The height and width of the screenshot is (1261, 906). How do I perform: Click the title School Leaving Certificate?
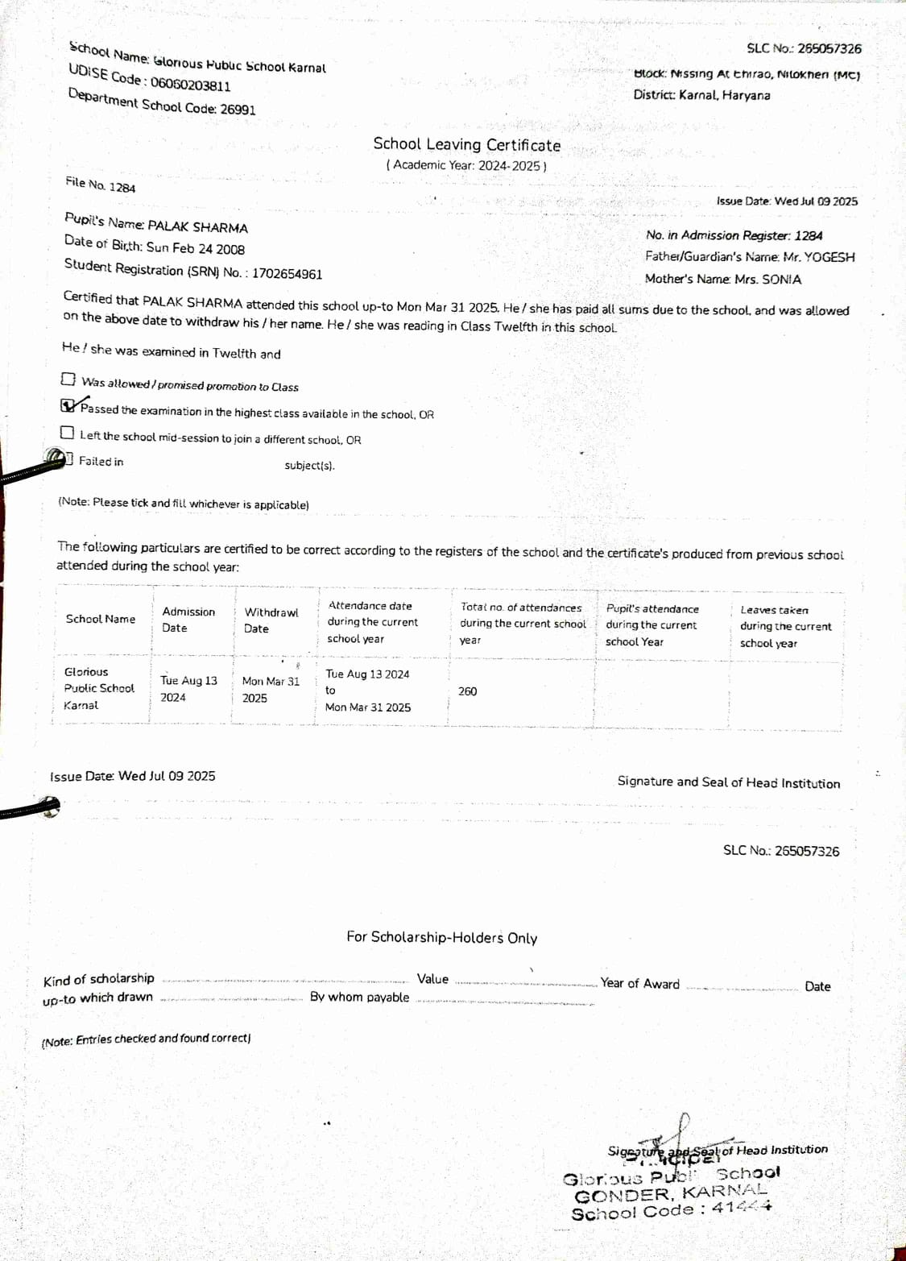click(466, 145)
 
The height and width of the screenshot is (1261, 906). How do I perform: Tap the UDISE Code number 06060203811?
click(190, 85)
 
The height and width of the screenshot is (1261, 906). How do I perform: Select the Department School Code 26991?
click(238, 109)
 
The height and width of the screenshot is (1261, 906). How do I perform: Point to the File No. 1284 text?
click(101, 185)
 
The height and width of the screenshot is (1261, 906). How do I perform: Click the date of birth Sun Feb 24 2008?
click(195, 248)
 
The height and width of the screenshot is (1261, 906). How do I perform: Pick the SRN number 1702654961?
click(287, 273)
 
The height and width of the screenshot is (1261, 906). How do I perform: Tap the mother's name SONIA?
click(781, 280)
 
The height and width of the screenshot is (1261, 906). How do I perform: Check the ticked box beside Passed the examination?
click(68, 405)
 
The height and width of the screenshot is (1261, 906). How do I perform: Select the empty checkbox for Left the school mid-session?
click(67, 433)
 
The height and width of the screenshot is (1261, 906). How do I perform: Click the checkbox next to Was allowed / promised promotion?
click(68, 379)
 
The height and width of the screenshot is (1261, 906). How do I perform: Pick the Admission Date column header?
click(188, 620)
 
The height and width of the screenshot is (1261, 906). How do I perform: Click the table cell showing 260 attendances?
click(467, 691)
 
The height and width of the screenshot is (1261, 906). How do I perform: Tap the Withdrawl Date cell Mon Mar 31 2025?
click(270, 690)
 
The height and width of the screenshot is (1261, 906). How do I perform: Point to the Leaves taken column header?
click(784, 626)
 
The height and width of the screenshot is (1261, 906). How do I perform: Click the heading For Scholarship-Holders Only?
click(441, 937)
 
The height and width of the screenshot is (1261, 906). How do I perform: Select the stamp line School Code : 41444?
click(671, 1210)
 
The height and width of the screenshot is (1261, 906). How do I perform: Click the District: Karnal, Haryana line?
click(701, 95)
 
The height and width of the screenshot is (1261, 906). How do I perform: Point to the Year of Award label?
click(639, 983)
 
